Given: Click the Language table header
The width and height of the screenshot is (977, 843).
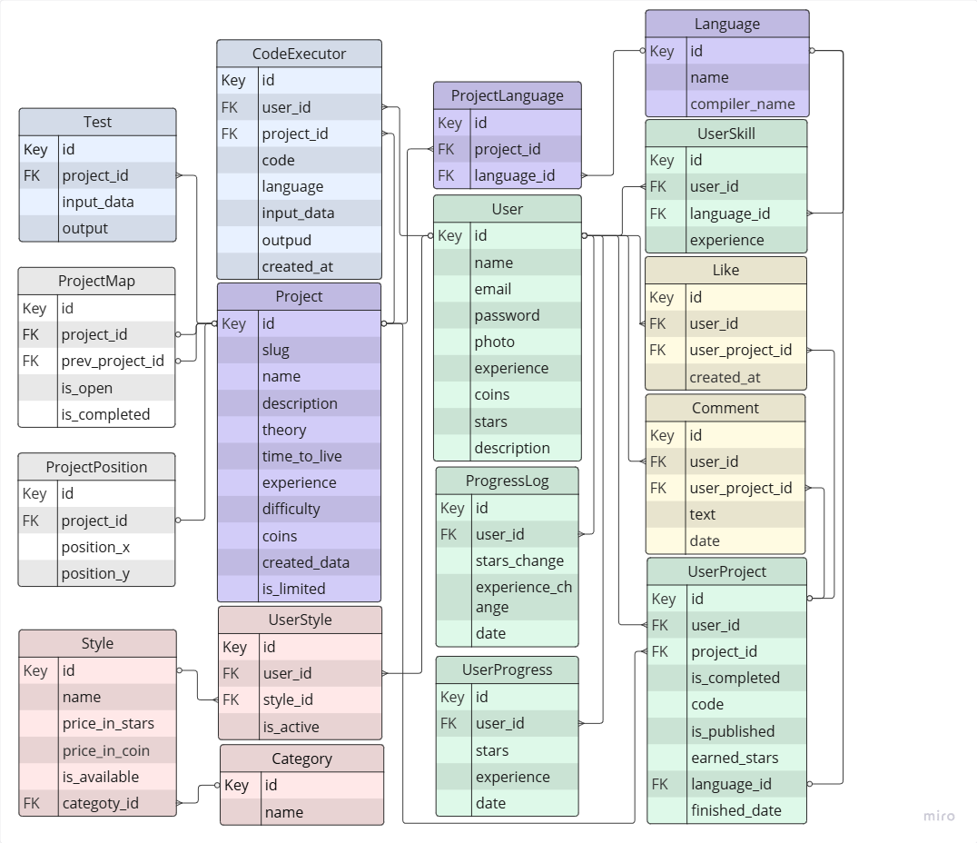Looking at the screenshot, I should coord(726,25).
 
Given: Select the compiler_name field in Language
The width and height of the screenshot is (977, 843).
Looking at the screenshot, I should coord(742,104).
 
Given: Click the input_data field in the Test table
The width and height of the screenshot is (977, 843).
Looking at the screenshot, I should coord(97,202).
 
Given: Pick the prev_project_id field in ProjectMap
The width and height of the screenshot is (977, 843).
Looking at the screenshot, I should coord(113,361).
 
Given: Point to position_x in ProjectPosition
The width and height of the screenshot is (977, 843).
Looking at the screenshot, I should coord(95,547).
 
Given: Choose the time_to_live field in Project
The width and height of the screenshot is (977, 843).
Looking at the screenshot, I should coord(301,456).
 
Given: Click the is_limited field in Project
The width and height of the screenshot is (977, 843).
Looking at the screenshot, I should coord(293,589).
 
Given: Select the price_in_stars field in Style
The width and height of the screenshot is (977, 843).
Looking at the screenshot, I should coord(108,723).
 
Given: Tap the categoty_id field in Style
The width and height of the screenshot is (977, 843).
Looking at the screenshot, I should coord(105,803).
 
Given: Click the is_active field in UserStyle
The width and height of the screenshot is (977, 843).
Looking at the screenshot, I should coord(291,727).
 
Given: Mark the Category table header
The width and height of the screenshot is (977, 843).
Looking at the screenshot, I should coord(301,759).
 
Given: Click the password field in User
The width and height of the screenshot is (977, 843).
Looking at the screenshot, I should coord(507,315).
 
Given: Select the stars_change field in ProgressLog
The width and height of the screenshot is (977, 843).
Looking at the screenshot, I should coord(519,560).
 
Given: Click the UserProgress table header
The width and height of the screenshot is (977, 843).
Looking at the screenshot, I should coord(507,669).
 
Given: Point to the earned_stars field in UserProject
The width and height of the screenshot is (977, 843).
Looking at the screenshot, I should coord(735,758).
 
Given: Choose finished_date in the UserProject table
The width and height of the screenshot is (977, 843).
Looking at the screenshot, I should coord(735,810).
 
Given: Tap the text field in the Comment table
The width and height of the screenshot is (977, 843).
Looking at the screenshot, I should coord(703,514).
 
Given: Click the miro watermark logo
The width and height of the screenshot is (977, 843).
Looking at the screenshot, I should coord(939,816).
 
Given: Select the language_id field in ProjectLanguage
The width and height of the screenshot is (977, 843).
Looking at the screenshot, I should coord(515,175).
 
